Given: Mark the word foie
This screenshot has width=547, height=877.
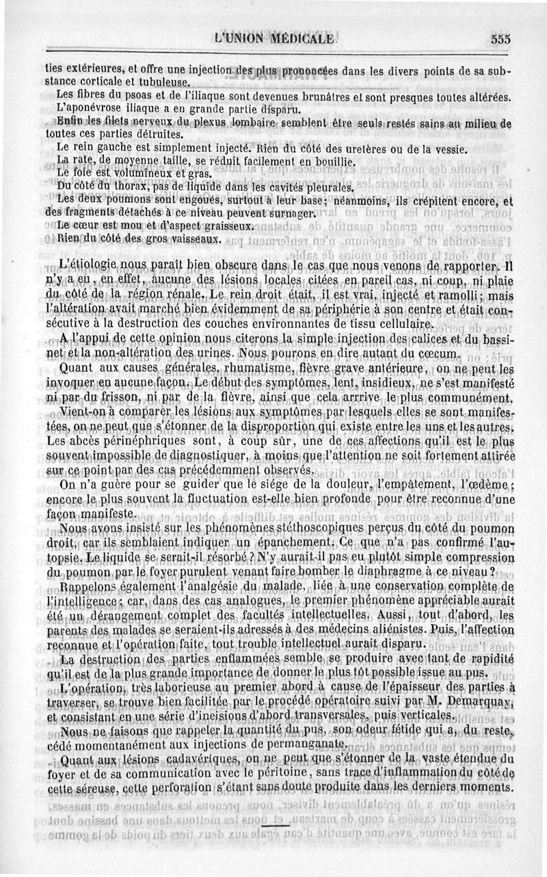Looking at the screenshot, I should pos(85,174).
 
